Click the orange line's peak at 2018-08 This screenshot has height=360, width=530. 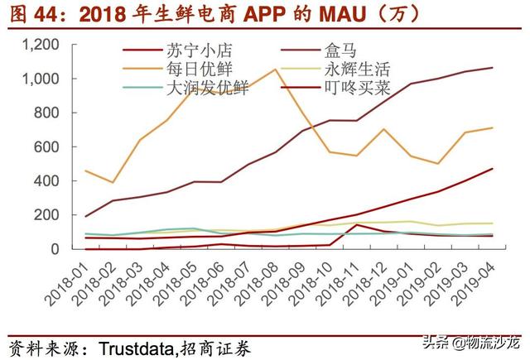tap(274, 70)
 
